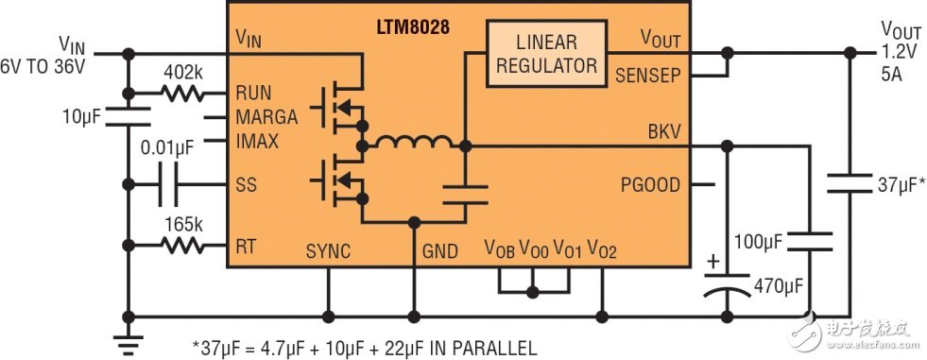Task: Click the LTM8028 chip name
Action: click(x=411, y=27)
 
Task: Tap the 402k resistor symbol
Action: click(x=181, y=94)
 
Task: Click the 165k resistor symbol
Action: click(x=181, y=246)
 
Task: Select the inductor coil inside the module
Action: click(x=412, y=143)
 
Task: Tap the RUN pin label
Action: click(x=253, y=94)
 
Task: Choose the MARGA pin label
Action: click(x=266, y=118)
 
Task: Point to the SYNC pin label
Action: click(x=327, y=251)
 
